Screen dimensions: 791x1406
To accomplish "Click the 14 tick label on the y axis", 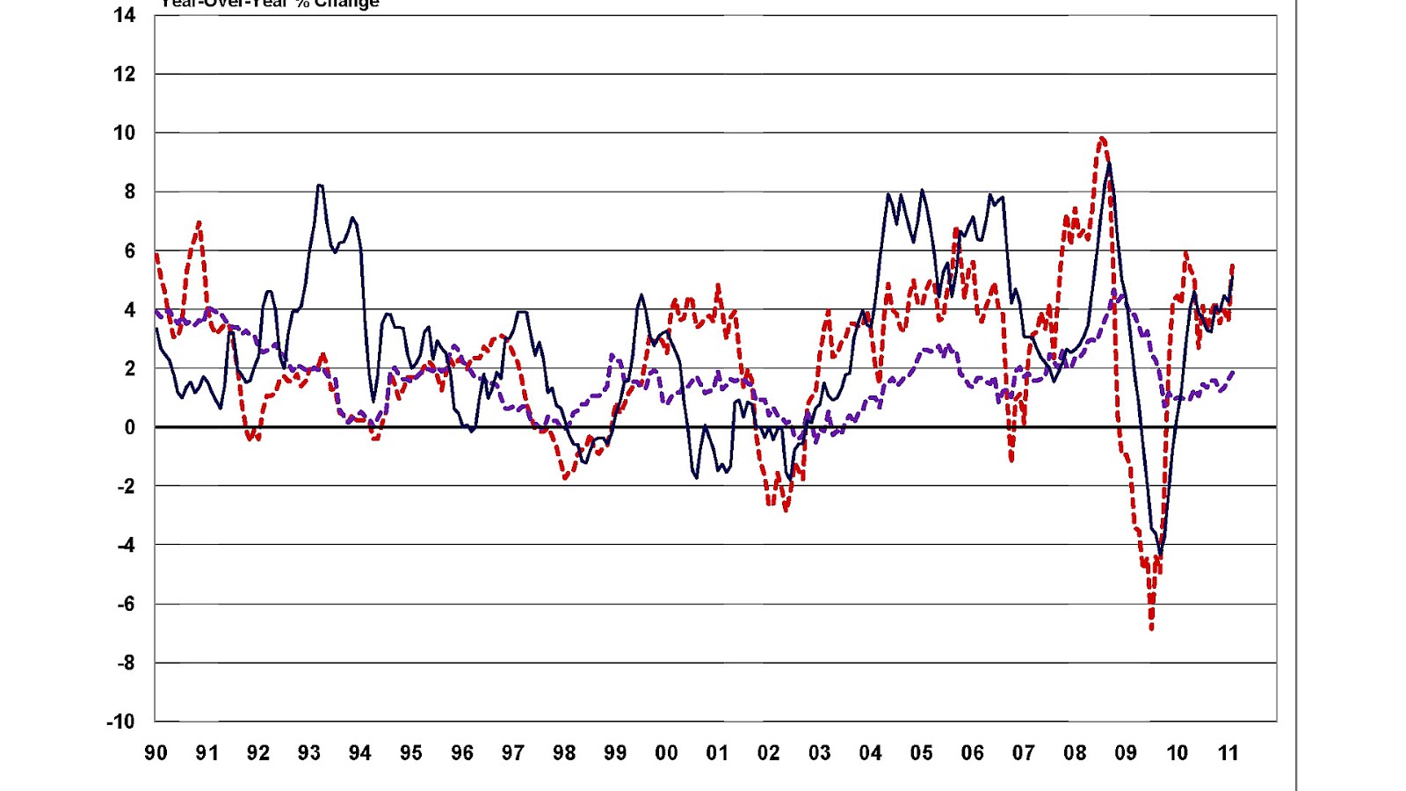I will pos(125,15).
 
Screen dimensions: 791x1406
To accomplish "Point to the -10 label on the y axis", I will pos(121,722).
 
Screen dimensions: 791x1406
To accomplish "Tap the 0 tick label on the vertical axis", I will pos(130,427).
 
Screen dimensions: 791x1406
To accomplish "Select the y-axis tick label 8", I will pos(130,192).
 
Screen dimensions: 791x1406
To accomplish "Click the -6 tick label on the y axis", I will pos(125,604).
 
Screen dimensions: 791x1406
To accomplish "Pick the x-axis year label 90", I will pos(156,753).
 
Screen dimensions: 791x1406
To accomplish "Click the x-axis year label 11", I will pos(1228,753).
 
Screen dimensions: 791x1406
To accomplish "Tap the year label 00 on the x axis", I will pos(666,753).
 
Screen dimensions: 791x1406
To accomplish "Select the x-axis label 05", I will pos(921,753).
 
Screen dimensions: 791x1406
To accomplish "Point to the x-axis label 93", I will pos(308,753).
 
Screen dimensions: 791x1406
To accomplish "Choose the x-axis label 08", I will pos(1074,753).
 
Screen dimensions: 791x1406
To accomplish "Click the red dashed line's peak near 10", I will pos(1102,138).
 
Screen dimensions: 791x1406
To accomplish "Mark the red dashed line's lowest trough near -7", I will pos(1151,628).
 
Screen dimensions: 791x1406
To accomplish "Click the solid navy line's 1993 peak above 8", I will pos(320,185).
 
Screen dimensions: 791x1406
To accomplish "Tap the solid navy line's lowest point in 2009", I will pos(1161,555).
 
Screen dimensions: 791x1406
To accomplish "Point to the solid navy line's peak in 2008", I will pos(1110,163).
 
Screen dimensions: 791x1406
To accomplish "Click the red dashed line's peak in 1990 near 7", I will pos(199,222).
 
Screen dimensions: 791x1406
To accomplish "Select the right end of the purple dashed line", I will pos(1234,372).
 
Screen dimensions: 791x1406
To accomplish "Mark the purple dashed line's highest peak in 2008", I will pos(1115,291).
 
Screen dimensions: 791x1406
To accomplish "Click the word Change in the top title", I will pos(346,4).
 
